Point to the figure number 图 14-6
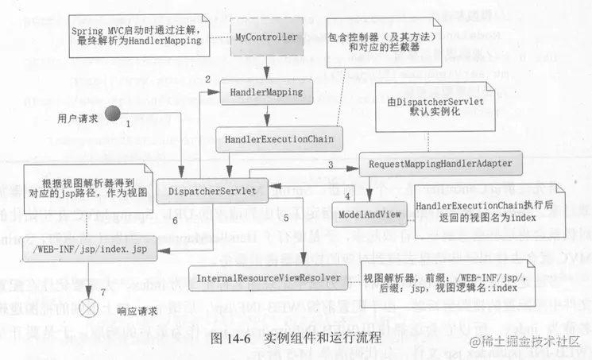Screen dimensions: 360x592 [x=230, y=336]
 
